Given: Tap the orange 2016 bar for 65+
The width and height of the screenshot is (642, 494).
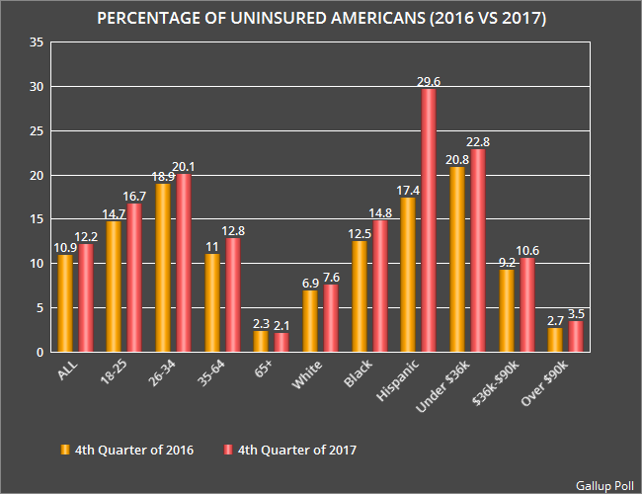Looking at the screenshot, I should pyautogui.click(x=261, y=342).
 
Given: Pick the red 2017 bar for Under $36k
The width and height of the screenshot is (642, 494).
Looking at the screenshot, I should pyautogui.click(x=478, y=251).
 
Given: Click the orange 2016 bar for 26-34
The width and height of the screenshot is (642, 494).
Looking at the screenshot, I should pyautogui.click(x=163, y=268).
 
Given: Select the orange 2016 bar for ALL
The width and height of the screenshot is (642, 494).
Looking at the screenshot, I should pyautogui.click(x=65, y=303).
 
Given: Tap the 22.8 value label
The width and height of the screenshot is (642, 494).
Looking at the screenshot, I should pyautogui.click(x=479, y=142).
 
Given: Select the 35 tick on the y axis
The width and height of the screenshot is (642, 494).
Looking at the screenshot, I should pyautogui.click(x=37, y=42).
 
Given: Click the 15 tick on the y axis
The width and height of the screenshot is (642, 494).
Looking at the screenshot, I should pyautogui.click(x=37, y=219).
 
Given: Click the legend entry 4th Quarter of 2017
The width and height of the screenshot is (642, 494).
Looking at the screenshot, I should pyautogui.click(x=297, y=450).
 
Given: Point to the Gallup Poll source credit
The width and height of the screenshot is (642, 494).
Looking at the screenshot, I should pyautogui.click(x=603, y=484).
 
